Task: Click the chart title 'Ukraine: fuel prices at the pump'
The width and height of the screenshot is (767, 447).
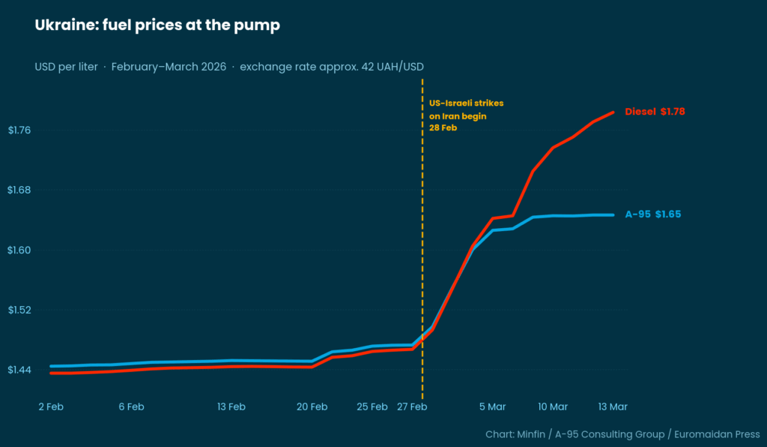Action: [x=157, y=25]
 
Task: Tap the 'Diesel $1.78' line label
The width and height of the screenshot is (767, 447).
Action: [x=655, y=111]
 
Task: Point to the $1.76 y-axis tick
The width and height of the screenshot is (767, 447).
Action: [x=19, y=130]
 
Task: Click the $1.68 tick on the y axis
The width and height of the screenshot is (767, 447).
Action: [x=19, y=190]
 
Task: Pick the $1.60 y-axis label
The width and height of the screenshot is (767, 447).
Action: [x=19, y=250]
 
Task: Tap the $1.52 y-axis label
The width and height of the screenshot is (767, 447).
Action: [x=19, y=310]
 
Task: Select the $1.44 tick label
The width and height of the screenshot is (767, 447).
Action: [x=19, y=370]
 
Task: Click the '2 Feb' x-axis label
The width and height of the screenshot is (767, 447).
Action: [x=51, y=406]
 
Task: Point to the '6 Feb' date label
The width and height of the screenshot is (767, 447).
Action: [x=131, y=406]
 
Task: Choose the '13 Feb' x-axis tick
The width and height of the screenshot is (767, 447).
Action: [x=231, y=406]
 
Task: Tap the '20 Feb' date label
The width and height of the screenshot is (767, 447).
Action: [x=312, y=406]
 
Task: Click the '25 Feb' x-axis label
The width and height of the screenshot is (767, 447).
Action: [x=372, y=406]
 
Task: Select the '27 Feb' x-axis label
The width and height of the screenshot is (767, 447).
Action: [x=412, y=406]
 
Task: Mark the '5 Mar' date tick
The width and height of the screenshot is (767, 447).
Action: [x=492, y=406]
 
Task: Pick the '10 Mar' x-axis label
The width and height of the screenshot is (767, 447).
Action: [x=553, y=406]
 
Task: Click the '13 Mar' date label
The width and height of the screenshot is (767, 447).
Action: [x=613, y=406]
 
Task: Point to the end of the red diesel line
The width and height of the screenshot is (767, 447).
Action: [x=613, y=112]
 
